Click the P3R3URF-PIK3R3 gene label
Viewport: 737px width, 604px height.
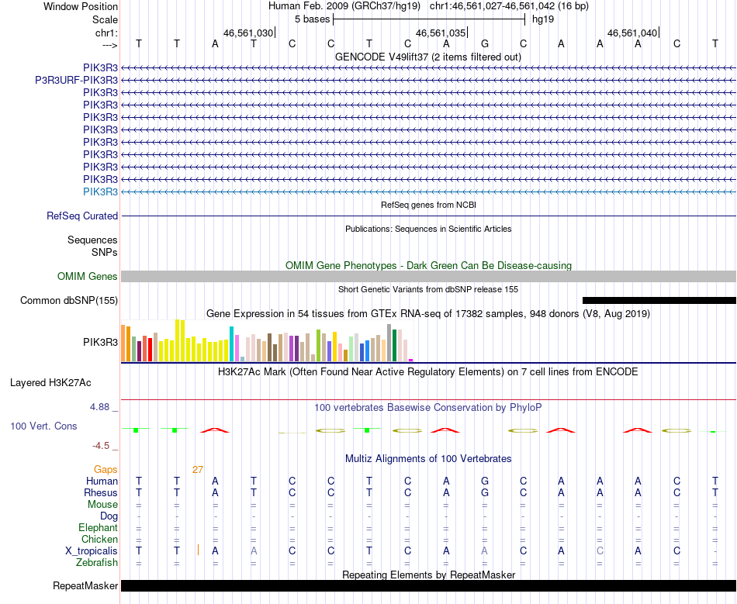coord(76,80)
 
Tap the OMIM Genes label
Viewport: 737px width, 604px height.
coord(88,277)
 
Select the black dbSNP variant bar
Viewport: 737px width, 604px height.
coord(659,300)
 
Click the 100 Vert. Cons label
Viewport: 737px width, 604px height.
coord(43,426)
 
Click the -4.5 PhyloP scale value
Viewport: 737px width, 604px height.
coord(105,446)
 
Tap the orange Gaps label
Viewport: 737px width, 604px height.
coord(106,470)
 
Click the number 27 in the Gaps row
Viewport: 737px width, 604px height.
coord(198,470)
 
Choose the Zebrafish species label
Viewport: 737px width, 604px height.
coord(97,563)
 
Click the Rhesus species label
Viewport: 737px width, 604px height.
coord(101,493)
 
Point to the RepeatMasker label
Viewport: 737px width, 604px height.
coord(85,586)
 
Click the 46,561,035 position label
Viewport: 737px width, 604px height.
coord(441,33)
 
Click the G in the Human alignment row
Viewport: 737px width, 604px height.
coord(485,481)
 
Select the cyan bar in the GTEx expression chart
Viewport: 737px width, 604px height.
coord(232,343)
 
